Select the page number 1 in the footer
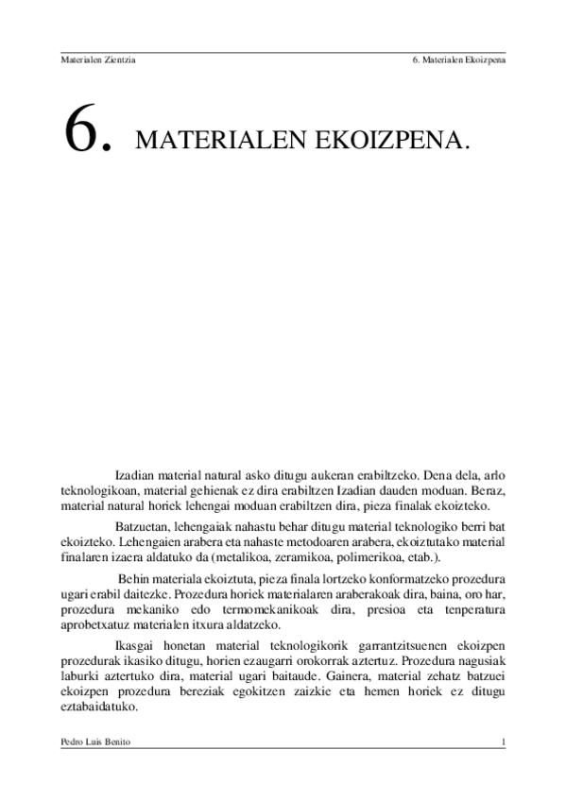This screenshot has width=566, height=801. [x=504, y=744]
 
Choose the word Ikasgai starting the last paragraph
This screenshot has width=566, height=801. [x=135, y=645]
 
